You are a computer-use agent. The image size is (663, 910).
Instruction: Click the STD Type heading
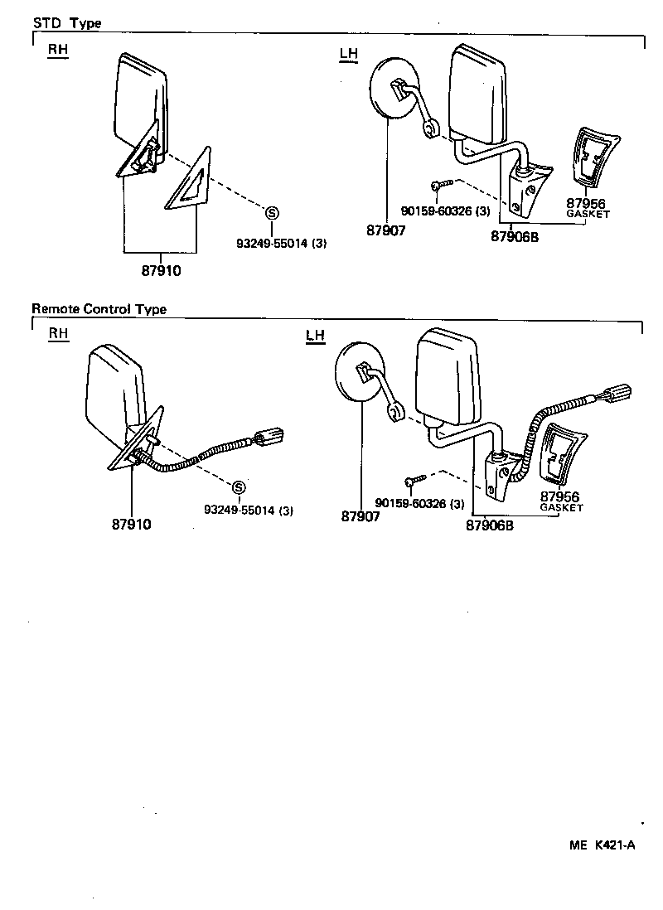point(66,23)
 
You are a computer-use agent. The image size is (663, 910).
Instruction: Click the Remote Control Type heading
point(99,309)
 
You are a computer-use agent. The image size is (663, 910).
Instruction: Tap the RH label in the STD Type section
point(57,50)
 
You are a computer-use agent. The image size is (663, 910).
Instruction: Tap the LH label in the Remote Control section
point(315,335)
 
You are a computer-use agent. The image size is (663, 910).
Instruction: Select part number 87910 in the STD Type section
point(162,270)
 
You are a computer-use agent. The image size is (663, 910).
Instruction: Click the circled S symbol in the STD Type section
point(271,212)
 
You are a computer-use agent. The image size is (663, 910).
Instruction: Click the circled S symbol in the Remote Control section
point(238,487)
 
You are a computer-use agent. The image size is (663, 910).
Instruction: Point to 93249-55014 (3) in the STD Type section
point(281,243)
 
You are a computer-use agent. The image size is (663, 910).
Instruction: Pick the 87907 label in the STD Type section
point(386,231)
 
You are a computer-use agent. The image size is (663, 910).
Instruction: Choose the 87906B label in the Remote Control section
point(489,524)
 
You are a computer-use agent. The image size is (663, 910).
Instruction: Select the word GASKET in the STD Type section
point(588,214)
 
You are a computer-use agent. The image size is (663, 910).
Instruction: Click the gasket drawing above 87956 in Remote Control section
point(560,451)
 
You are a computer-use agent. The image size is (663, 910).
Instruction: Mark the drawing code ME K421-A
point(602,845)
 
